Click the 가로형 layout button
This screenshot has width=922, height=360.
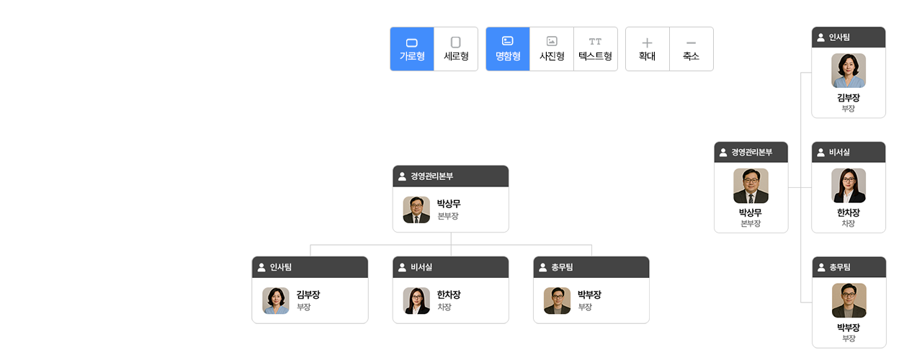[412, 49]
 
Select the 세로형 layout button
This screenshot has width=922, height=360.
[456, 49]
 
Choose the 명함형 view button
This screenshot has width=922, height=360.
[508, 49]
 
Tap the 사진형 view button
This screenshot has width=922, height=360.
[552, 49]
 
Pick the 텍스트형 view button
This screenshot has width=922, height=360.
[595, 49]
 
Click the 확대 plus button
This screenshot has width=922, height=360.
[647, 49]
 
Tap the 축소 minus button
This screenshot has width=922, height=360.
[691, 49]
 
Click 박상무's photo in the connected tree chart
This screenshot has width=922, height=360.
[416, 210]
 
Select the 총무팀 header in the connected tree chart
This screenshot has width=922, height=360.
[591, 267]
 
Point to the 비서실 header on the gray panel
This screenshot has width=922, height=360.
[848, 152]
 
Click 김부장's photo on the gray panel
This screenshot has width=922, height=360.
[849, 71]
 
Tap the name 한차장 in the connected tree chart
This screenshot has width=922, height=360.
[449, 294]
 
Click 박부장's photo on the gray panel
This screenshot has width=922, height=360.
[849, 300]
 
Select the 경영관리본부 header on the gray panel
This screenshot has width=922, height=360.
[751, 152]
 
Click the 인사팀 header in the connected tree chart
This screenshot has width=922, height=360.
[310, 267]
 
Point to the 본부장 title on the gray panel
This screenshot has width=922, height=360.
[751, 224]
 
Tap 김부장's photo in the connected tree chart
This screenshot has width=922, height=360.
[276, 301]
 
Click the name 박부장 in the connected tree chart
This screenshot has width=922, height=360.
[589, 294]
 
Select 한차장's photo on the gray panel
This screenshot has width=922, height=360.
[849, 186]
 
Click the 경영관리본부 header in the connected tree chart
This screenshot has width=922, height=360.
[450, 176]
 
